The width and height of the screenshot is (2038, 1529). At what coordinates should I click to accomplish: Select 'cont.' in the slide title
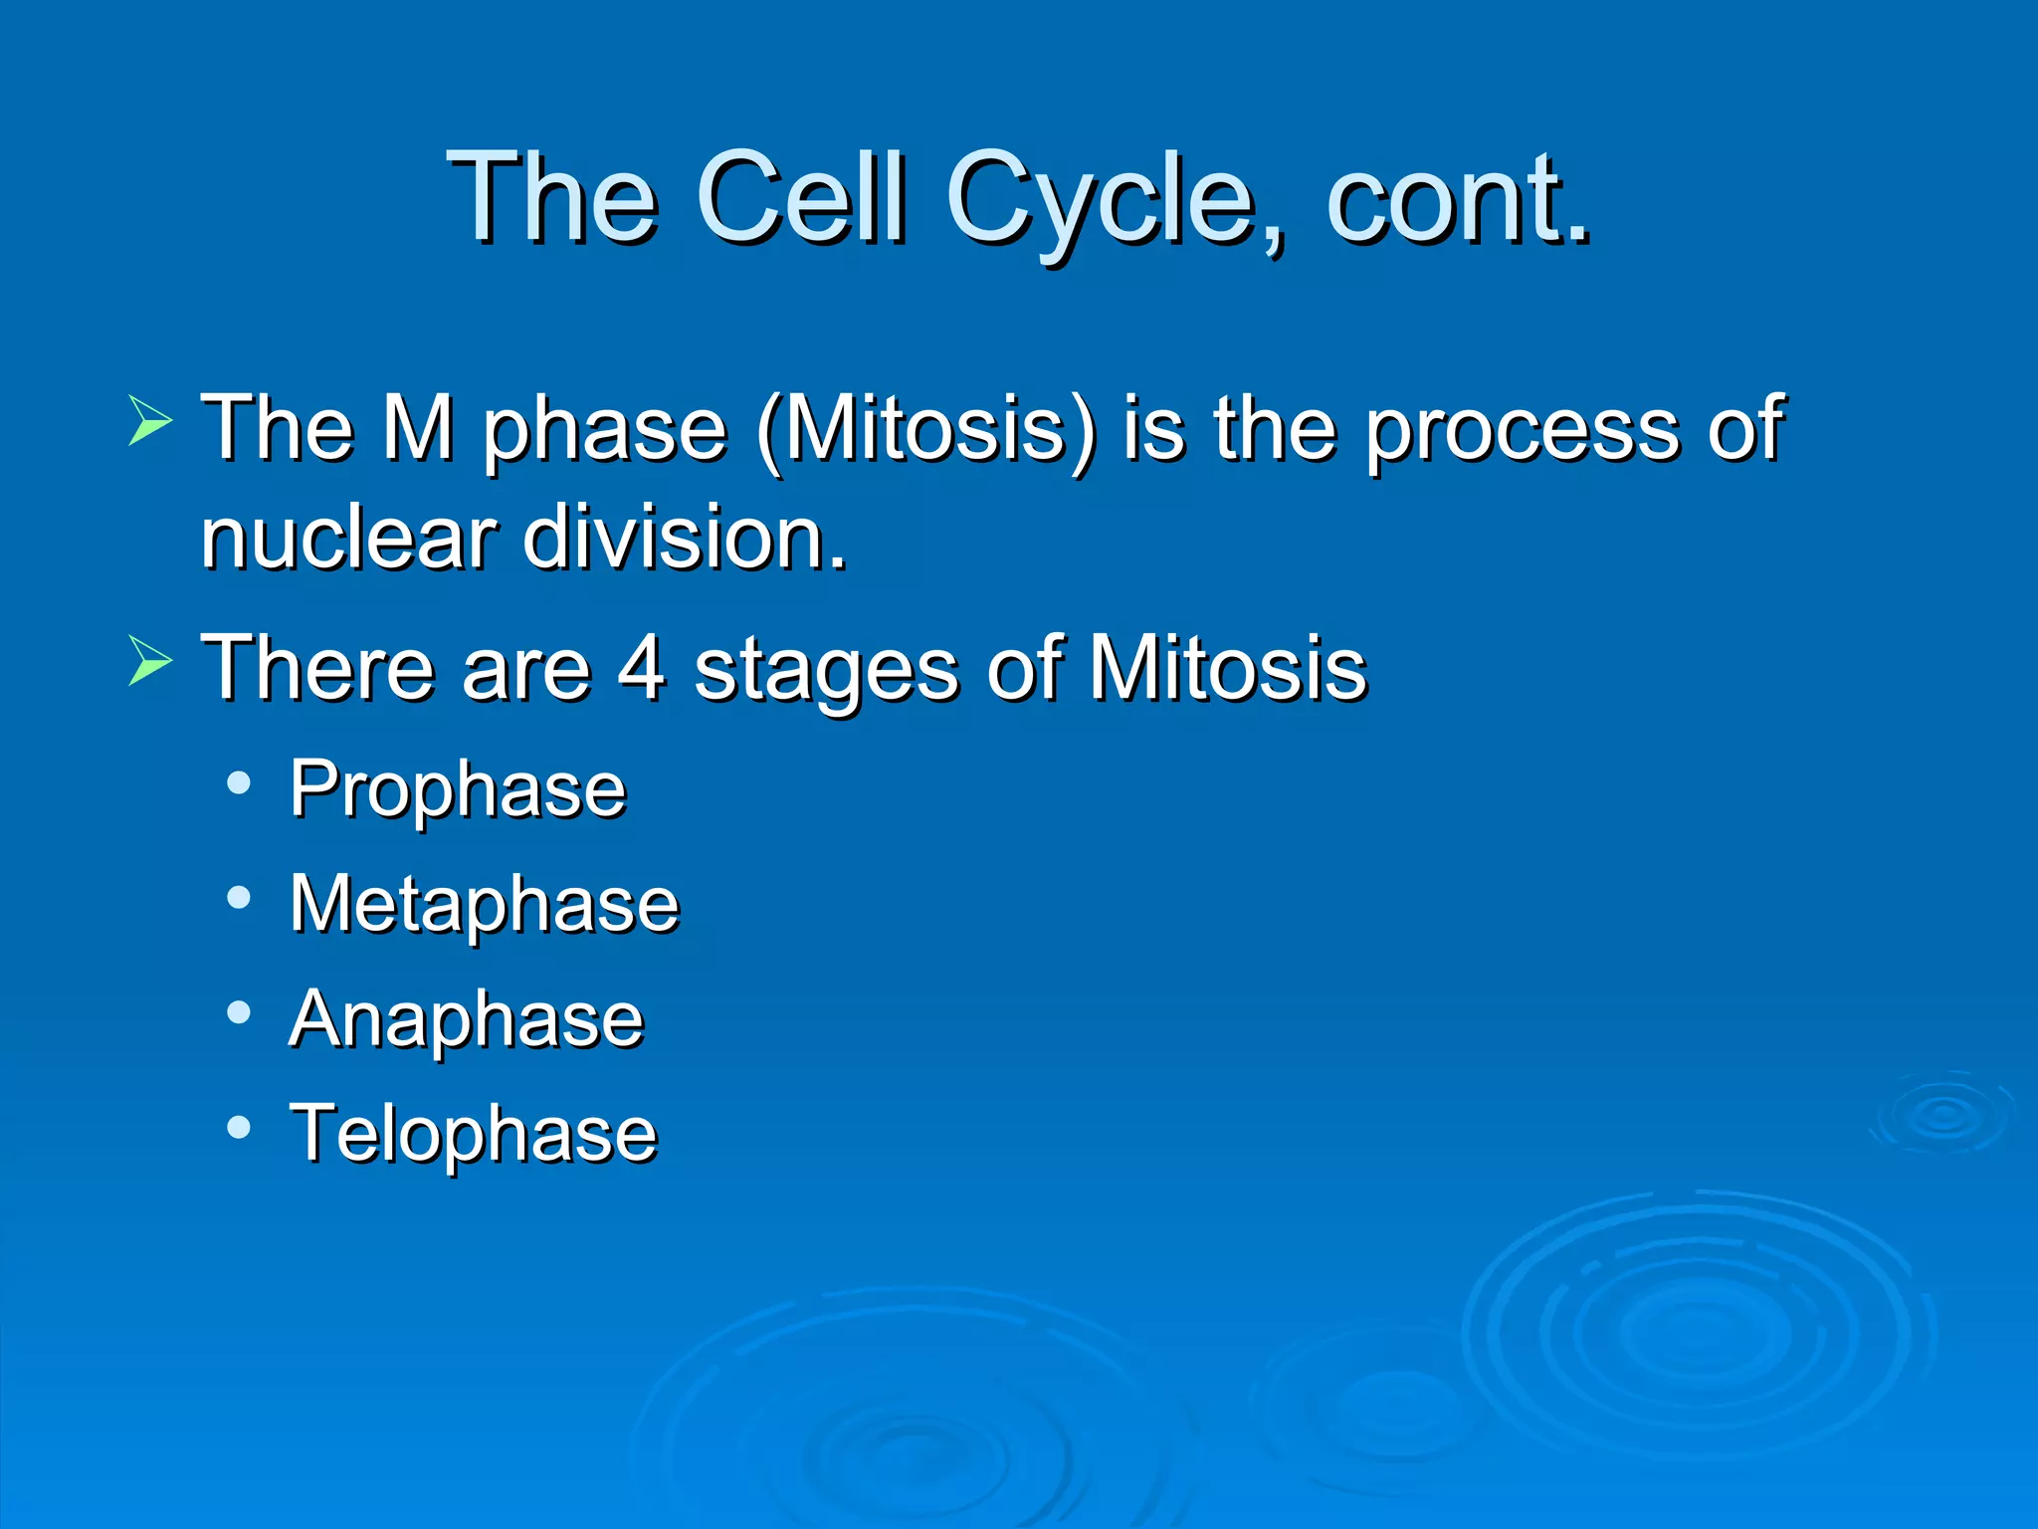(x=1457, y=199)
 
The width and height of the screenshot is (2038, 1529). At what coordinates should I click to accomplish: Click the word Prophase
(x=458, y=789)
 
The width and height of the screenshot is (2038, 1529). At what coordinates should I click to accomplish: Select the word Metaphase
(x=485, y=904)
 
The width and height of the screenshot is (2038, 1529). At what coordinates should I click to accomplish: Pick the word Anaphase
(x=467, y=1019)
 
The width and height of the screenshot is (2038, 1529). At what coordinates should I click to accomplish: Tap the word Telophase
(x=474, y=1133)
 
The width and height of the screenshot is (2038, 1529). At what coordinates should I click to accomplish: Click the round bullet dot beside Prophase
(x=239, y=783)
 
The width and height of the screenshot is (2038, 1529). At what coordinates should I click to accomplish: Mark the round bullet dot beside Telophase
(x=239, y=1128)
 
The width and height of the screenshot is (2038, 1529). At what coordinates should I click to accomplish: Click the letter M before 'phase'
(x=419, y=428)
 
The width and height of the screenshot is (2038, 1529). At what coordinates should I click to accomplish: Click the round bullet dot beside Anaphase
(x=239, y=1013)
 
